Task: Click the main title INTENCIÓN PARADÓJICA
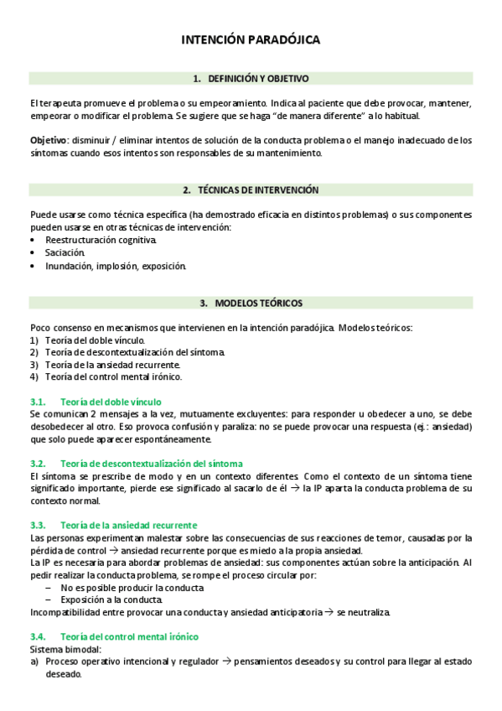pyautogui.click(x=251, y=39)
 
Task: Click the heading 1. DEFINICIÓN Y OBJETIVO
pyautogui.click(x=251, y=78)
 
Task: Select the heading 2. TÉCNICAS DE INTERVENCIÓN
pyautogui.click(x=251, y=190)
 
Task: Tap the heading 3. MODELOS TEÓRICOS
pyautogui.click(x=251, y=303)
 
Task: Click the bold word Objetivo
pyautogui.click(x=48, y=141)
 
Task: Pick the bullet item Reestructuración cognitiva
pyautogui.click(x=101, y=240)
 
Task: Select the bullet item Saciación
pyautogui.click(x=65, y=252)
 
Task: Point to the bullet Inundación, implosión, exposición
pyautogui.click(x=116, y=266)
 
